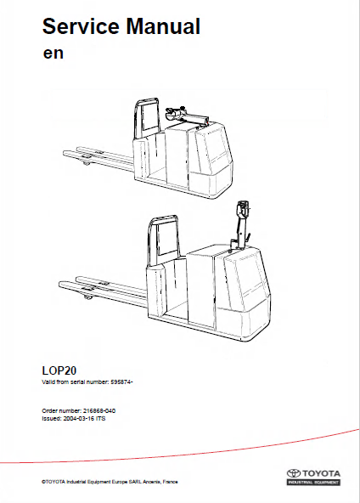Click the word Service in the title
coord(81,26)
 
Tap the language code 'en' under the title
coord(53,54)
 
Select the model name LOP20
coord(59,370)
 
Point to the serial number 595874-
coord(121,382)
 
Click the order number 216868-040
coord(99,410)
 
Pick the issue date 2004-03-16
coord(77,418)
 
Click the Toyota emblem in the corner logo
coord(293,473)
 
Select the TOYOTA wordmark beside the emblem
coord(321,473)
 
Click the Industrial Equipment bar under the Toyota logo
coord(313,482)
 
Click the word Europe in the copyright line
coord(119,482)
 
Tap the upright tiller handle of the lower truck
coord(242,224)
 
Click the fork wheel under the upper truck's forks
coord(86,164)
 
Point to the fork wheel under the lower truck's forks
coord(87,297)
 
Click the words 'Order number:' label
coord(61,410)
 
